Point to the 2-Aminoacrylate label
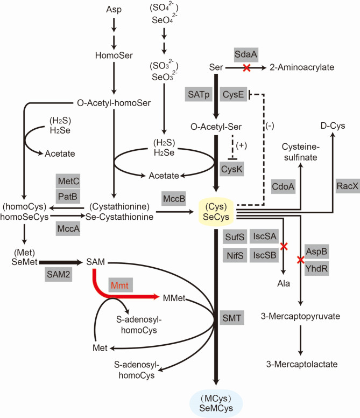tap(303, 68)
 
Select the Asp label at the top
tap(114, 10)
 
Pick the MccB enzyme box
tap(175, 199)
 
